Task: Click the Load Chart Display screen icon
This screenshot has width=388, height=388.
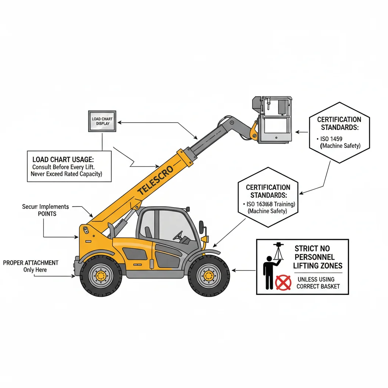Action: (102, 121)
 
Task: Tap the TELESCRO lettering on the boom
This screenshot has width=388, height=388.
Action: (156, 180)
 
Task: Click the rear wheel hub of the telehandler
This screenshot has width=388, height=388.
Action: (101, 275)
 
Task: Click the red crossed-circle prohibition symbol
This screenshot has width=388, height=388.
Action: (282, 282)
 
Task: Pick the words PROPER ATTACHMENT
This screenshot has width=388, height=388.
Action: (31, 263)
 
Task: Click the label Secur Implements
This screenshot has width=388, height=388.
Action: (45, 207)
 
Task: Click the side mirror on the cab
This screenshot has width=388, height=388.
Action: (201, 227)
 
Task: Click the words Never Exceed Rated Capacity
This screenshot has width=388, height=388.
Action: (66, 174)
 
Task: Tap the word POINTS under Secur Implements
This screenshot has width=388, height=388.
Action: (47, 214)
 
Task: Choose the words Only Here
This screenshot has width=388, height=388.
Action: (35, 270)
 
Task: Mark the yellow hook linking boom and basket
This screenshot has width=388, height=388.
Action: (253, 131)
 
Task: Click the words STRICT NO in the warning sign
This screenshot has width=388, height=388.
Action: (312, 249)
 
